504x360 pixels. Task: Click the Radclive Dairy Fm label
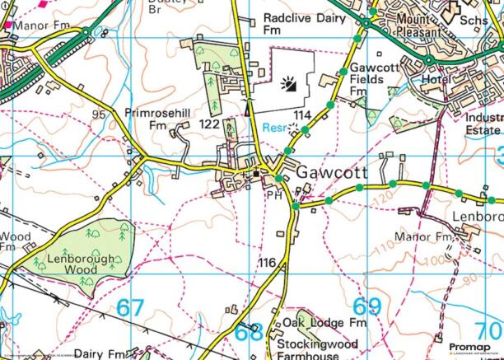click(x=299, y=22)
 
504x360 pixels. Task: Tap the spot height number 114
click(x=301, y=115)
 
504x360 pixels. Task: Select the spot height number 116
click(x=267, y=262)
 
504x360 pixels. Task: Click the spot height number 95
click(x=101, y=113)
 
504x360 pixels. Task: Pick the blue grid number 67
click(x=129, y=308)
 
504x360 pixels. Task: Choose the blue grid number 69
click(x=368, y=306)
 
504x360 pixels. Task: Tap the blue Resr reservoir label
click(x=277, y=128)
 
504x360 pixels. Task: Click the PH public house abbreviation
click(x=274, y=194)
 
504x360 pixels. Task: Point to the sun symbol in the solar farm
click(x=288, y=83)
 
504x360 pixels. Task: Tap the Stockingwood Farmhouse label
click(x=320, y=348)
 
